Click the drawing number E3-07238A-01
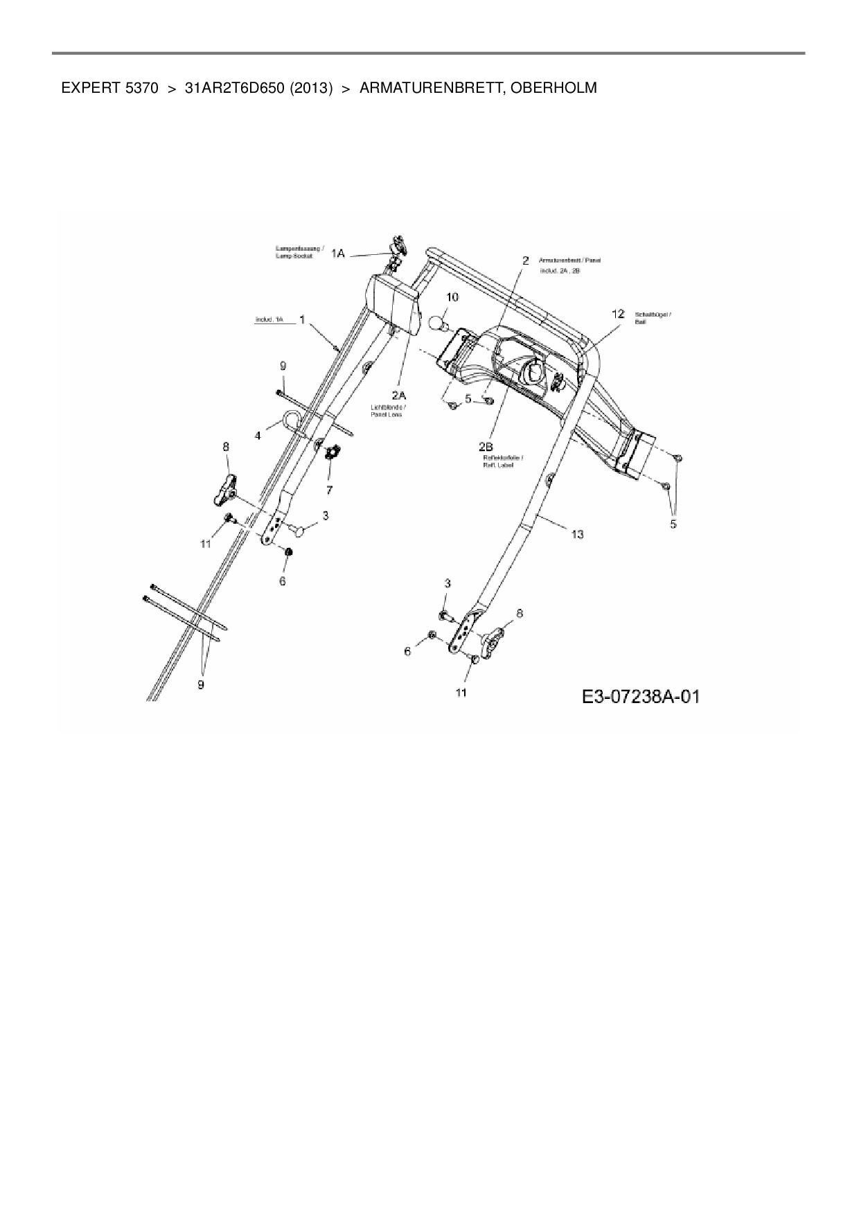click(640, 696)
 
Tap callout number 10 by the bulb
click(452, 297)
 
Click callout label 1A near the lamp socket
click(337, 254)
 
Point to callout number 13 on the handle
click(577, 534)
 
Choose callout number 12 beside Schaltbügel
click(618, 314)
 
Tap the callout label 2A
click(398, 395)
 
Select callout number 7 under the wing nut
click(329, 490)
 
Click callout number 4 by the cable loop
click(258, 436)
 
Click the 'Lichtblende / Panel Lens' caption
click(386, 411)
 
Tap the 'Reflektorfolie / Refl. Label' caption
click(502, 461)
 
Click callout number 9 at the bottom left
click(201, 684)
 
